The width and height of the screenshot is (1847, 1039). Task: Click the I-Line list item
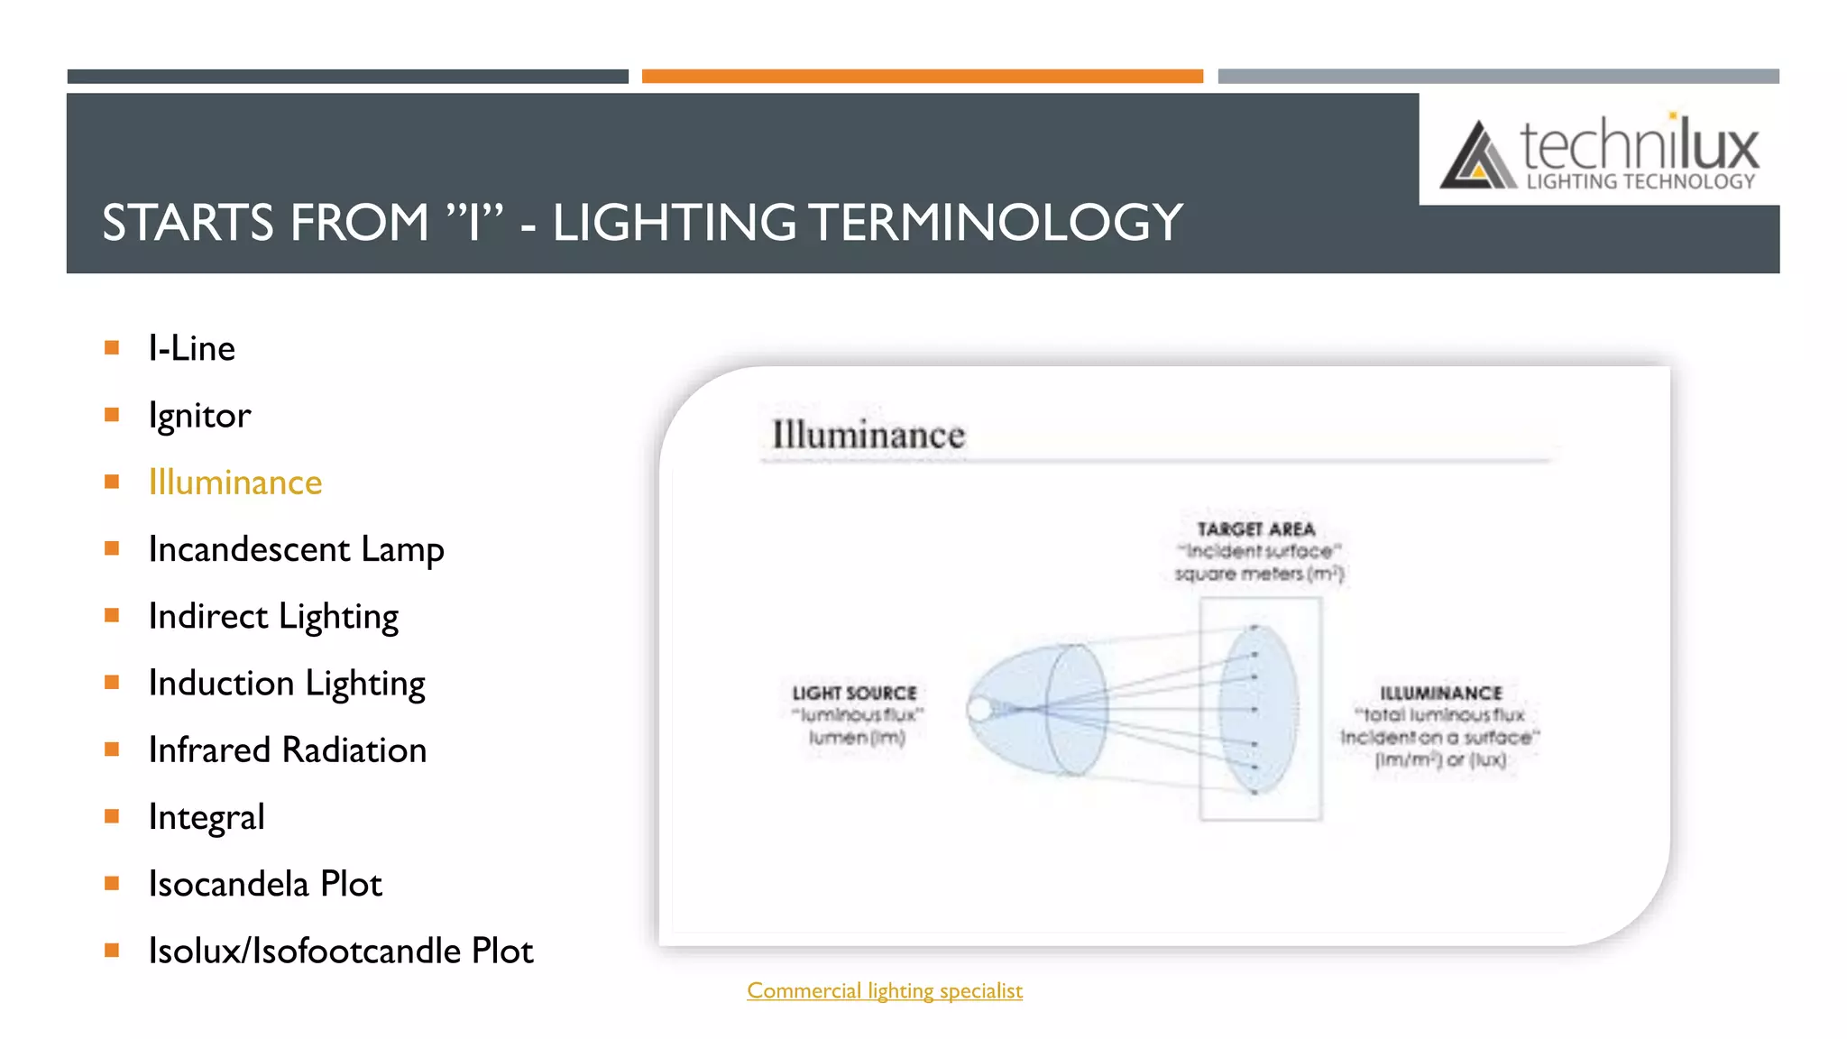click(x=191, y=348)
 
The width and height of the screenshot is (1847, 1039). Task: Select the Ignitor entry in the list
click(x=199, y=416)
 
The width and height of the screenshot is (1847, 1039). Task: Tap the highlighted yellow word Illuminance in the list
click(x=234, y=483)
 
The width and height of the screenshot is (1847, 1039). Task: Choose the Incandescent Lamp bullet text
click(x=296, y=549)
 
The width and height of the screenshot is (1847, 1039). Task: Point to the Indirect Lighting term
click(x=273, y=617)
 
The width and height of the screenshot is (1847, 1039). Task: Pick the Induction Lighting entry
click(x=287, y=684)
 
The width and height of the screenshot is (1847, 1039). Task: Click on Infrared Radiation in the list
click(x=287, y=750)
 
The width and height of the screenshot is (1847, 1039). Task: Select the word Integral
click(x=207, y=817)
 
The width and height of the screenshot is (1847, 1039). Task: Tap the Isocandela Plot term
click(x=265, y=884)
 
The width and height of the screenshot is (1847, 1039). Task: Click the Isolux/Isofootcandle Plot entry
click(x=341, y=952)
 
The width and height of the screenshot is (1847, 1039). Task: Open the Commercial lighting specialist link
click(x=885, y=990)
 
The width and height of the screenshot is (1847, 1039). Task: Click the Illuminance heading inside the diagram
click(x=868, y=435)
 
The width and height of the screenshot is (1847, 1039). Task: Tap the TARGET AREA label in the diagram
click(x=1256, y=529)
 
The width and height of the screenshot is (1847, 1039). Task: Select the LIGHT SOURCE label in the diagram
click(x=854, y=693)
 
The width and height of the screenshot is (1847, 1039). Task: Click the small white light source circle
click(x=979, y=710)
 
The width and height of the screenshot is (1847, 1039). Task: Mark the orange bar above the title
click(x=922, y=77)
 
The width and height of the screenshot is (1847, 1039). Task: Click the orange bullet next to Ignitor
click(x=112, y=415)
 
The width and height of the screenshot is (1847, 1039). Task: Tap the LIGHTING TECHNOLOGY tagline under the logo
click(x=1640, y=182)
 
